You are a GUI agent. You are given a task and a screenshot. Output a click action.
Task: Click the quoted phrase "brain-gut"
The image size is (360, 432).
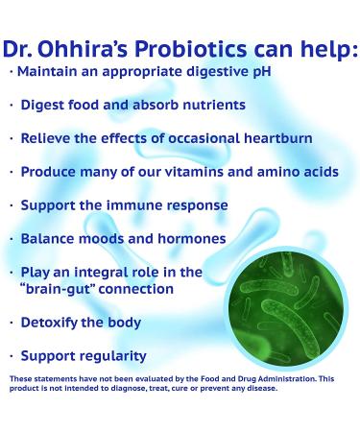click(x=59, y=289)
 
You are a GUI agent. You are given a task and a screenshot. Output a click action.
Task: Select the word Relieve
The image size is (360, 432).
click(x=48, y=138)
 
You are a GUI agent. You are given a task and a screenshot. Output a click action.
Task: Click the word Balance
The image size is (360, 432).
click(x=49, y=238)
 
